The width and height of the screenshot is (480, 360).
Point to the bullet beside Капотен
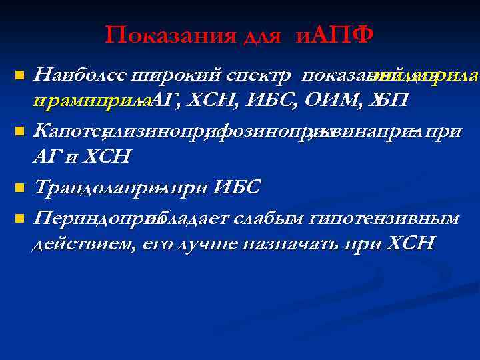[21, 130]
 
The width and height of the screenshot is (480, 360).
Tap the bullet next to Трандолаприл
[21, 187]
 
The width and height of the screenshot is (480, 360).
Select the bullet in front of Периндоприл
[21, 217]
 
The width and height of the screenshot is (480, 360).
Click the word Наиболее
[80, 75]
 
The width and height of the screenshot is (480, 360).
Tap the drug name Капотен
[67, 131]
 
